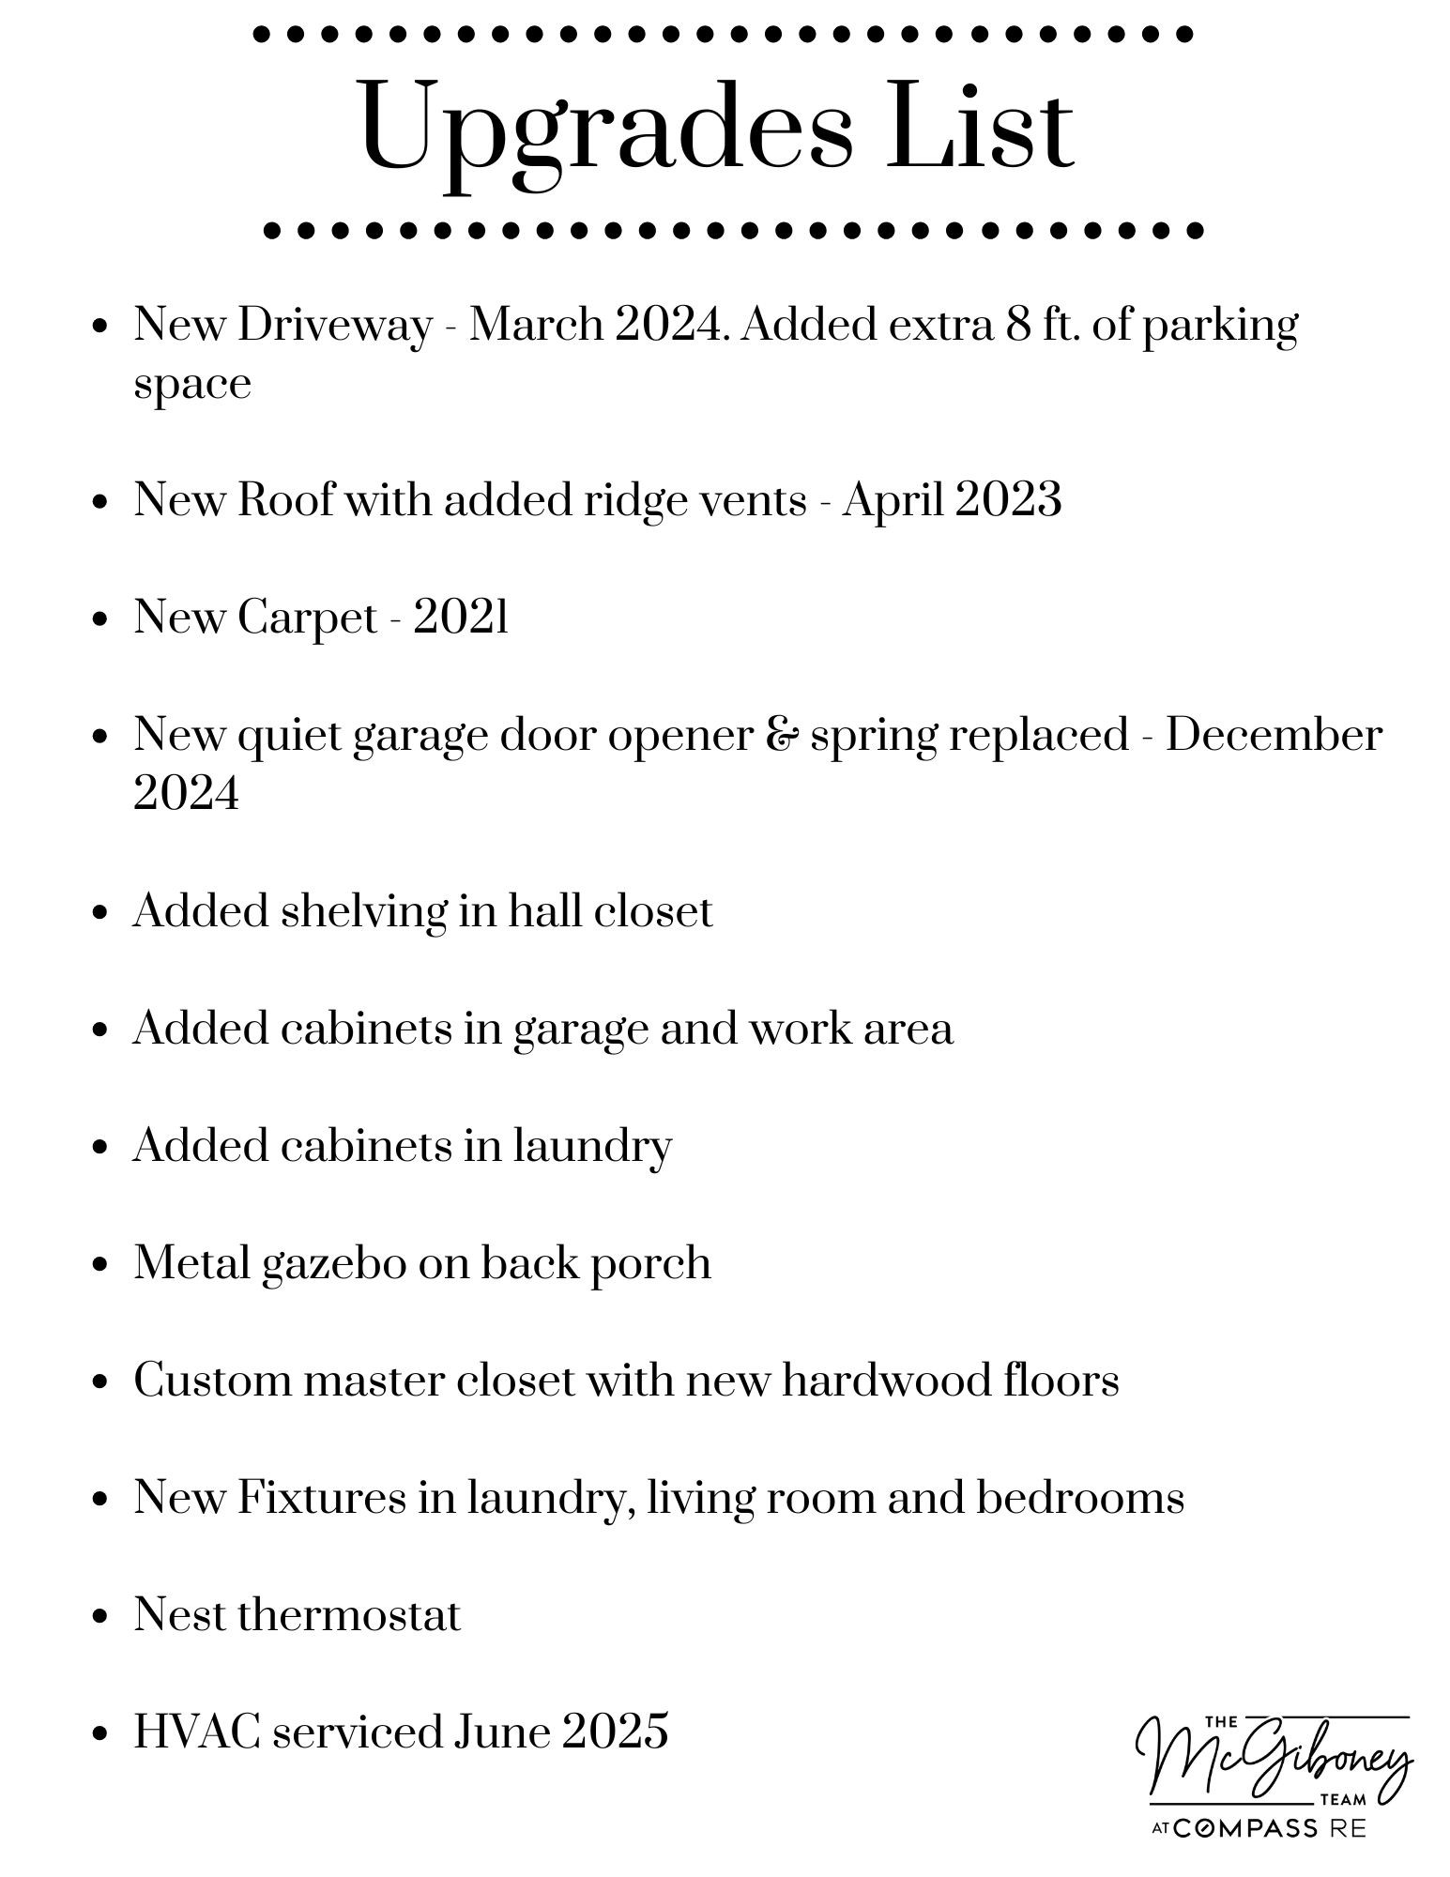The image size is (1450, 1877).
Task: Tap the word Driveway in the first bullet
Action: pyautogui.click(x=335, y=326)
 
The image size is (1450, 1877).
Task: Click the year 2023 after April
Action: pyautogui.click(x=1009, y=499)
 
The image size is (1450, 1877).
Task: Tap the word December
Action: pyautogui.click(x=1274, y=735)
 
